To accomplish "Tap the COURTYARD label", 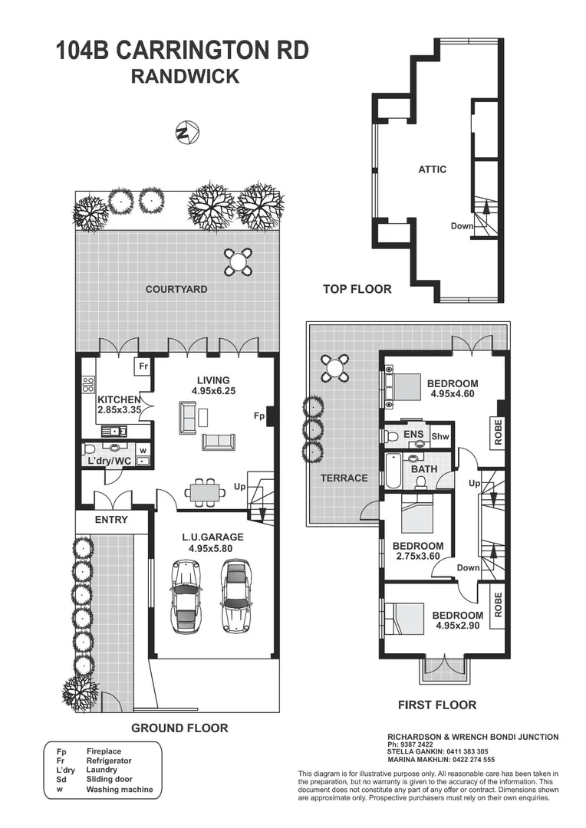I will pos(176,289).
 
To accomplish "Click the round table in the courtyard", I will pos(239,262).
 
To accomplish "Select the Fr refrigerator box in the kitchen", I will pos(143,367).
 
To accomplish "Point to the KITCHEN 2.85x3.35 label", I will pos(119,405).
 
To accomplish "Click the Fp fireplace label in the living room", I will pos(260,416).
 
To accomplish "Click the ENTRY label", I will pos(112,520).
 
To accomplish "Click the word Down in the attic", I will pos(462,226).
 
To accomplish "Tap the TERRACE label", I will pos(344,478).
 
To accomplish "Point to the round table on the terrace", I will pos(335,369).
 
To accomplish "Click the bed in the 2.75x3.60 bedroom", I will pos(418,516).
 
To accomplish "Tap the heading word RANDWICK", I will pos(185,76).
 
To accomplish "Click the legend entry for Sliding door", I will pos(104,779).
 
